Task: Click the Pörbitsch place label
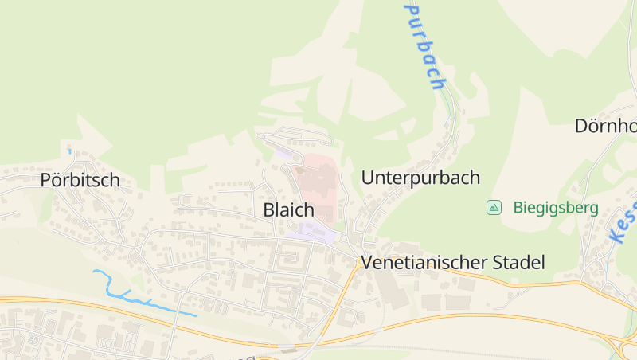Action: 80,180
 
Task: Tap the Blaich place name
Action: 288,210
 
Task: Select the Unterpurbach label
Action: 420,178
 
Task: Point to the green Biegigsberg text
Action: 556,208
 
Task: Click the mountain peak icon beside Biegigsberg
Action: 494,208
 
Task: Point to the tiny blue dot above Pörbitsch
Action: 69,151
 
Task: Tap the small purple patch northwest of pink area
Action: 283,150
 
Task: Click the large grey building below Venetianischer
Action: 394,290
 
